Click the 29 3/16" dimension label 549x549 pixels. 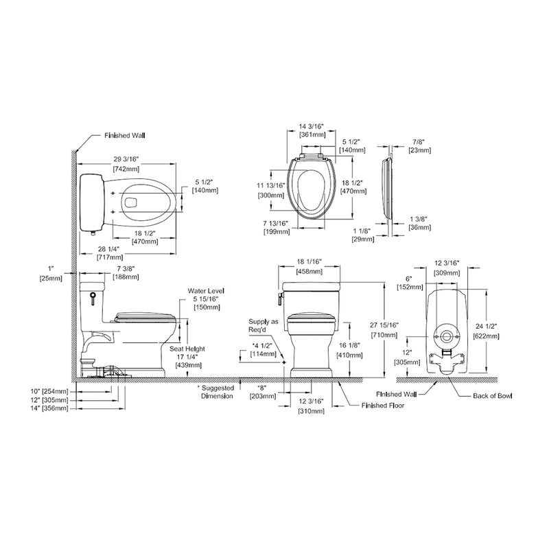pos(126,159)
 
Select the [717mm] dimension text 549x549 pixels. pos(110,257)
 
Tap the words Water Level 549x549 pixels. pos(206,290)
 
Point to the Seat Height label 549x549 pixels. pos(187,349)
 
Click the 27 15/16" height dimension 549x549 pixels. pos(384,325)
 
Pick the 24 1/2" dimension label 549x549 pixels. pos(486,327)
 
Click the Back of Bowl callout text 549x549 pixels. pos(492,396)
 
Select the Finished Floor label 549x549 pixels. pos(383,406)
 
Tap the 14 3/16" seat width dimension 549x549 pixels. pos(312,126)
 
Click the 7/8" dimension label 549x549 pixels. pos(418,142)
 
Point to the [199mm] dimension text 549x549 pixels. pos(277,232)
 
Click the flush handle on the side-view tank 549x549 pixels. pos(93,299)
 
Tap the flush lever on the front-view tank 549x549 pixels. pos(280,299)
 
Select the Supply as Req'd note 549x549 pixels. pos(264,325)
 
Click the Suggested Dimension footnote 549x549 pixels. pos(216,392)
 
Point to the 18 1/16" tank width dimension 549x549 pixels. pos(309,262)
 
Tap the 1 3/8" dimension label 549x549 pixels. pos(419,219)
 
